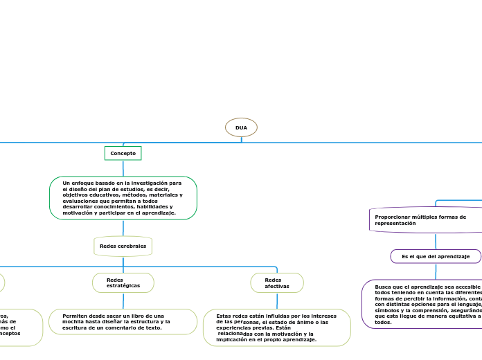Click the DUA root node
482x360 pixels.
(241, 127)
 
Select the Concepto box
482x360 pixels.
(123, 153)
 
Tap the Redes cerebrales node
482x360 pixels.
(123, 246)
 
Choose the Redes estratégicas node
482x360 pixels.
(123, 282)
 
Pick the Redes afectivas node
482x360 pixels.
(276, 282)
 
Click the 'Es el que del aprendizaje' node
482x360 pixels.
(436, 256)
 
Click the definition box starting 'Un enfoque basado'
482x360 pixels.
(123, 198)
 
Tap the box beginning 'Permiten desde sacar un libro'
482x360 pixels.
(123, 321)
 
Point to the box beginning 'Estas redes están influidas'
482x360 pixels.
(276, 327)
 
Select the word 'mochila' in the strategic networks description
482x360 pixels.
(76, 322)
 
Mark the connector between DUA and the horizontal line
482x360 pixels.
(241, 140)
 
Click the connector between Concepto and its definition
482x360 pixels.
(123, 168)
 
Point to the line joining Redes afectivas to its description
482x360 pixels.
(277, 300)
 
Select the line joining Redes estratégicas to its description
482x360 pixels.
(123, 300)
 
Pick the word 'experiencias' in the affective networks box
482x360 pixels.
(233, 327)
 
